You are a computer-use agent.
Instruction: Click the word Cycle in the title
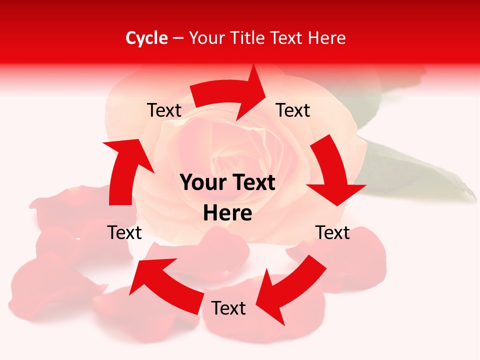pyautogui.click(x=146, y=38)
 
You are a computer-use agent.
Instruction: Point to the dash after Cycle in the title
pyautogui.click(x=178, y=38)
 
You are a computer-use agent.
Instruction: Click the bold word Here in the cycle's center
pyautogui.click(x=227, y=213)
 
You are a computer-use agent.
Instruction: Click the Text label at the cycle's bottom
pyautogui.click(x=228, y=308)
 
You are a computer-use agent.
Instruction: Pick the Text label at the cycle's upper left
pyautogui.click(x=164, y=110)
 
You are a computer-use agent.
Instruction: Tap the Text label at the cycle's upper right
pyautogui.click(x=293, y=110)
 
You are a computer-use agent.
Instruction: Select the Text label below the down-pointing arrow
pyautogui.click(x=332, y=232)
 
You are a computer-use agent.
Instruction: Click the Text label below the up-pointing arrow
pyautogui.click(x=124, y=232)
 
